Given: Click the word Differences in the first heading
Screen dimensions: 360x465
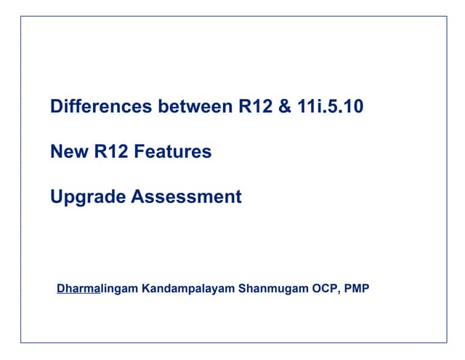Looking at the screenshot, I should [x=101, y=107].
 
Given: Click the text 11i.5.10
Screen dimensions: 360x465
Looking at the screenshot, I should [x=331, y=107].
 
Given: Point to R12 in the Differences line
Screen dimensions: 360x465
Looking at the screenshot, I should [x=254, y=107].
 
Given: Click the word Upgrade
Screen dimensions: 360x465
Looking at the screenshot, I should [x=87, y=196].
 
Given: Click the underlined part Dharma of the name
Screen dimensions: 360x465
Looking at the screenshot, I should [x=78, y=289].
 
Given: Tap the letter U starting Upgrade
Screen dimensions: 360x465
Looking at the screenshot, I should [x=57, y=196].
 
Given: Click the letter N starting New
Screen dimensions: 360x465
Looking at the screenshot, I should [x=57, y=151].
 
